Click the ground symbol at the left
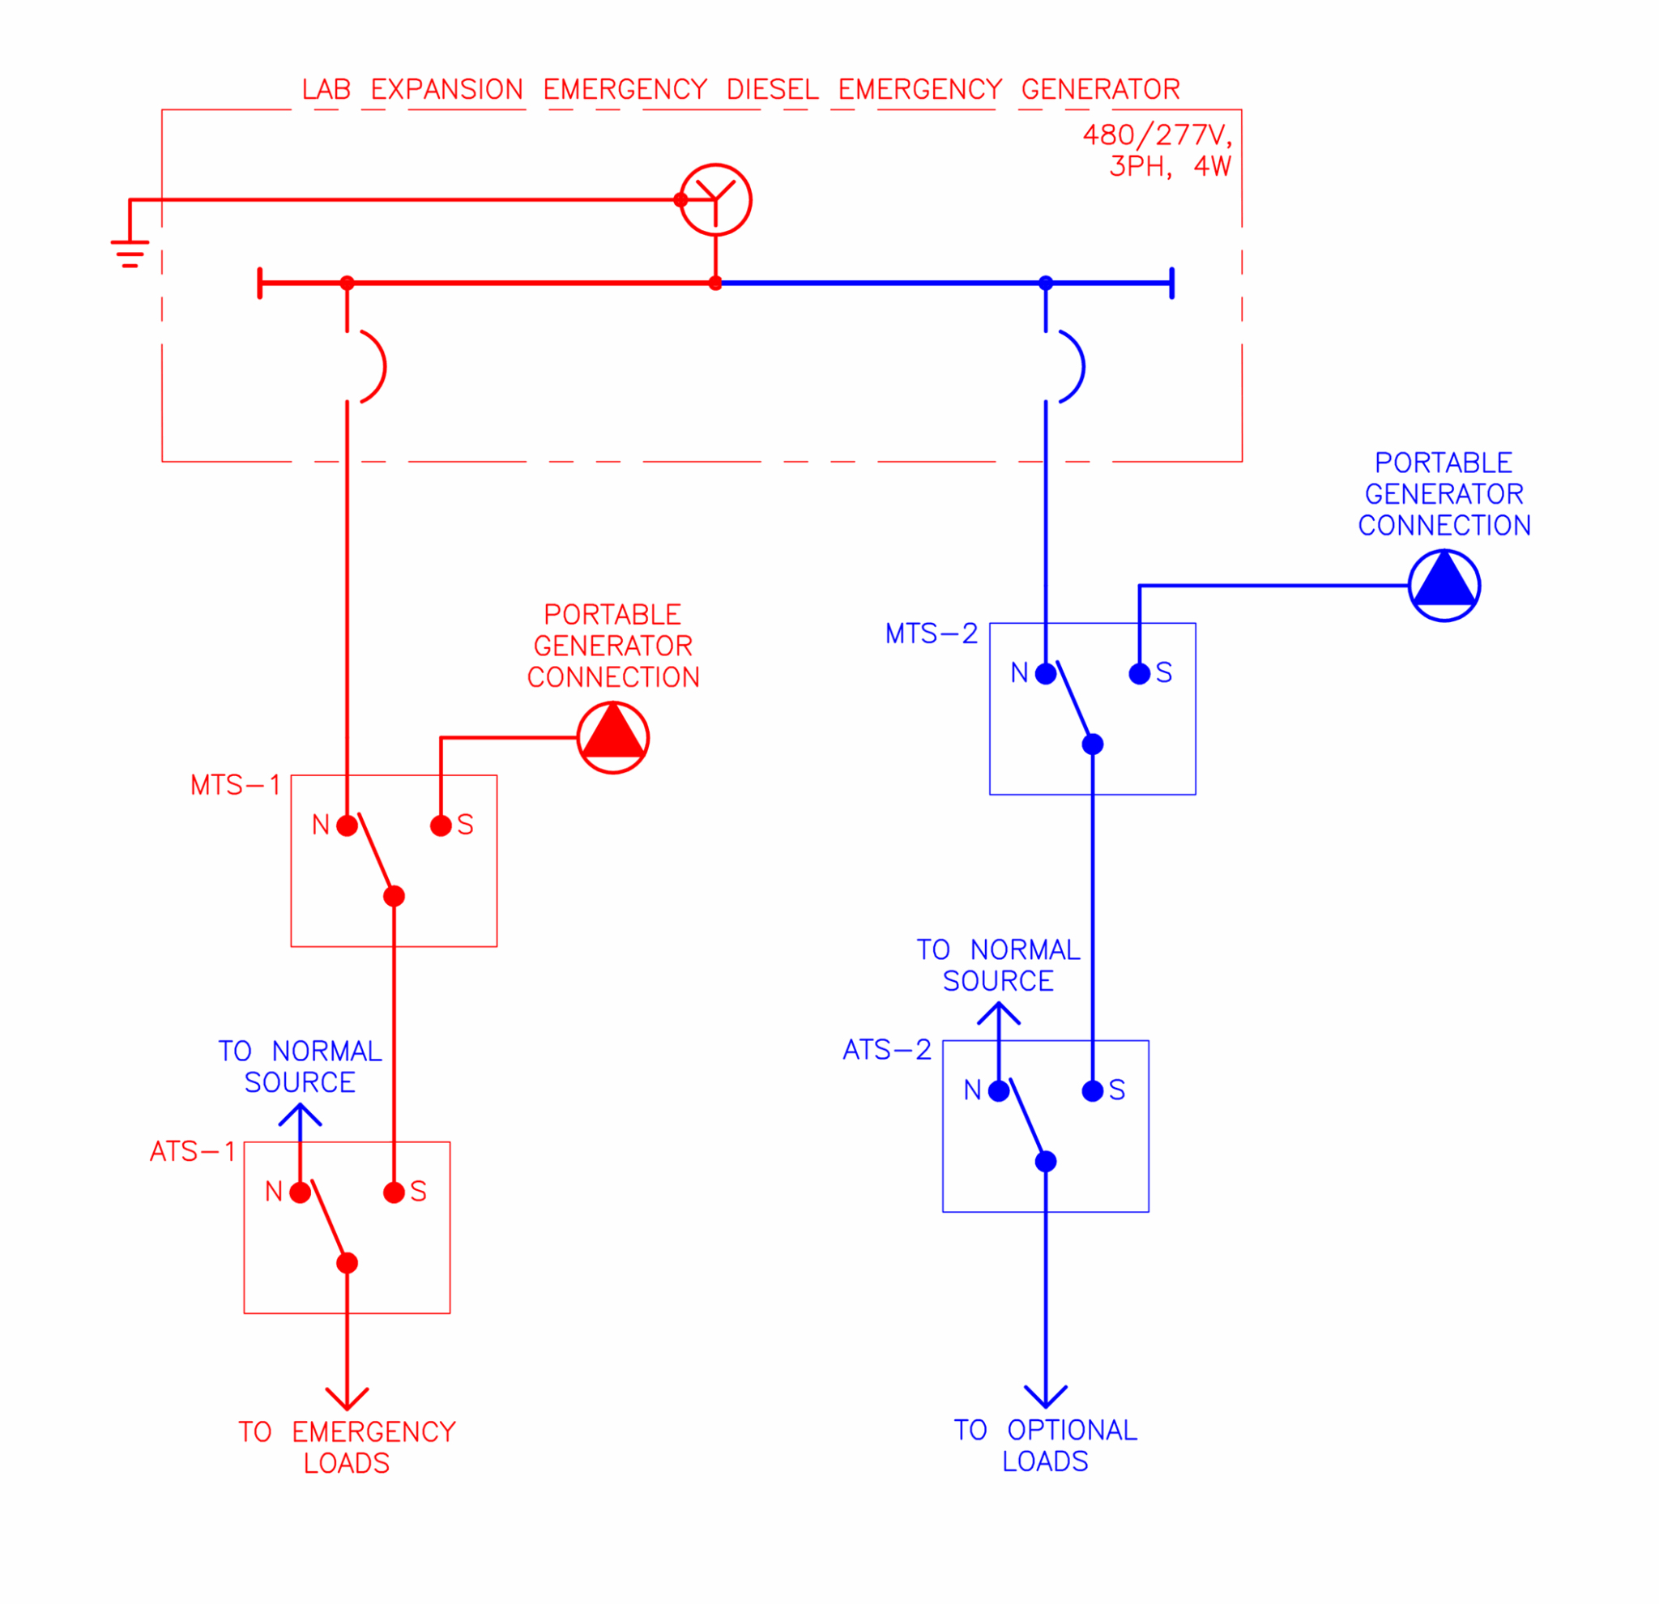(x=130, y=252)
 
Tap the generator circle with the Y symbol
(x=715, y=200)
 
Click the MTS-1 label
(x=234, y=786)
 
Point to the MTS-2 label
(x=930, y=634)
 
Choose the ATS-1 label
(x=192, y=1152)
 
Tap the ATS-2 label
(x=886, y=1051)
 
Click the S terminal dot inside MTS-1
(x=440, y=826)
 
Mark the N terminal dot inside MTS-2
(x=1045, y=674)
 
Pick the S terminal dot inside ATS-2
(x=1092, y=1091)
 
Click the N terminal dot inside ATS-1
(x=300, y=1192)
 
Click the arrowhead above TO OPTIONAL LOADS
(x=1045, y=1398)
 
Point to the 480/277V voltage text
(x=1156, y=134)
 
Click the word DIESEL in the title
(x=771, y=89)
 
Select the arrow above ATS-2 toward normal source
(x=998, y=1013)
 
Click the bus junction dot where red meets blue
(x=715, y=284)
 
